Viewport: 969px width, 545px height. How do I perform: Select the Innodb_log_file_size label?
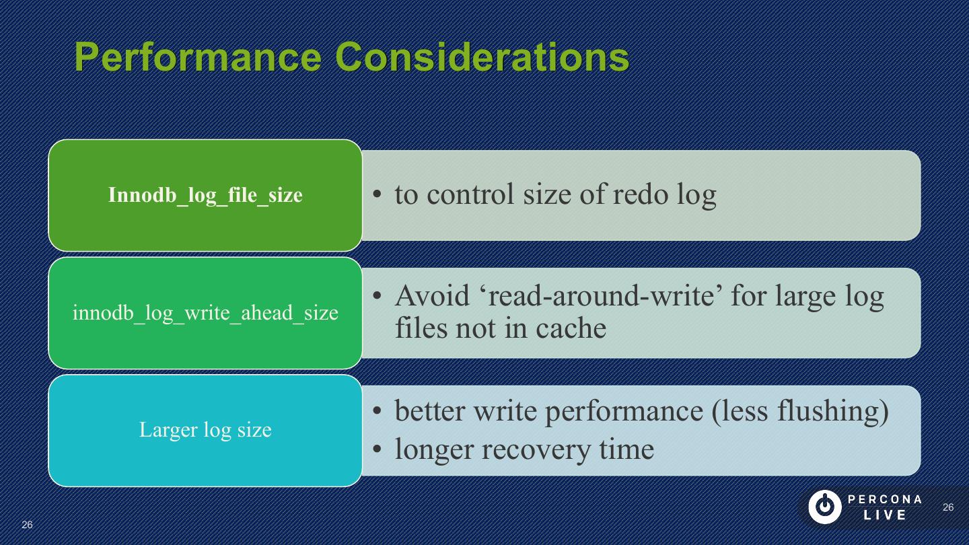[x=205, y=195]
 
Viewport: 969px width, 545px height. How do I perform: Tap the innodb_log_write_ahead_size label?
[x=205, y=313]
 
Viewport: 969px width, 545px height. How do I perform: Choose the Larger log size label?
[x=205, y=430]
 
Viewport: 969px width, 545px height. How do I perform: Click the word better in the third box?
[x=429, y=411]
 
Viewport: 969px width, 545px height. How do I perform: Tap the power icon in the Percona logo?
[x=824, y=507]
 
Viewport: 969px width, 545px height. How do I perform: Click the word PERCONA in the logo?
[x=885, y=499]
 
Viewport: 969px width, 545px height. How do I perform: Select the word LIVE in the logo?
[x=885, y=515]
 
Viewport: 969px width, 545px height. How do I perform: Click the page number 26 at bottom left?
[x=27, y=525]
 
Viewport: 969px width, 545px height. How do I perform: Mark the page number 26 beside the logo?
[x=948, y=507]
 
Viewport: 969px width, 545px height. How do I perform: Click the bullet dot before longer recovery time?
[x=378, y=449]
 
